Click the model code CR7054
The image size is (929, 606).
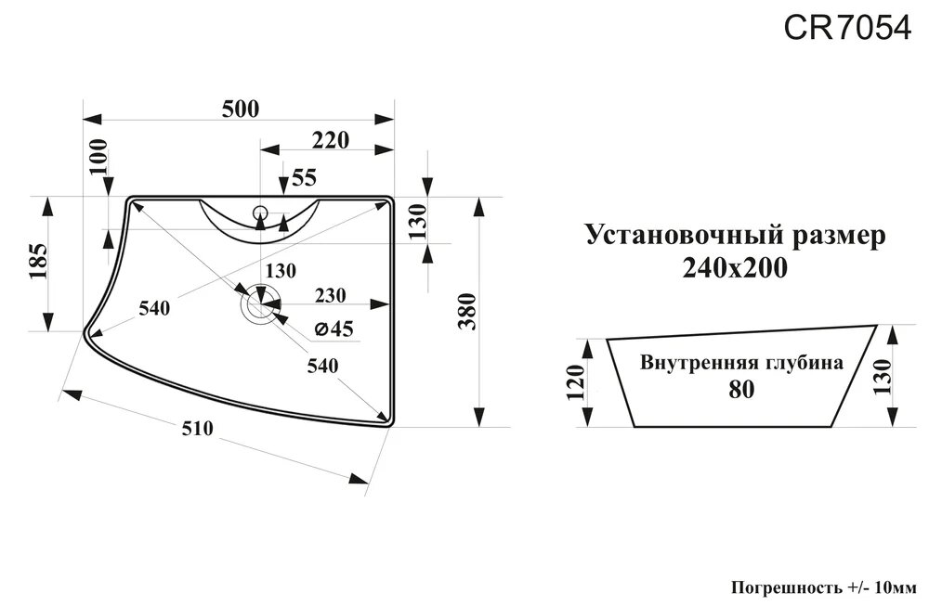[x=847, y=29]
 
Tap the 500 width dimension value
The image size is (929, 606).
[x=240, y=109]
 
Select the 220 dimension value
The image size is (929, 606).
[x=330, y=140]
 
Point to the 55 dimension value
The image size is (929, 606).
[x=305, y=176]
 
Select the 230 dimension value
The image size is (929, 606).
[x=331, y=296]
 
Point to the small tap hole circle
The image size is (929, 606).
[x=260, y=213]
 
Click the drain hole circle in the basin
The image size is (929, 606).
[x=259, y=303]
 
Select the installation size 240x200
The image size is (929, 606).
[x=735, y=269]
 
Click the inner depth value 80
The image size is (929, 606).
[x=740, y=390]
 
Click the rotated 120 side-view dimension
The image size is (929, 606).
[x=576, y=383]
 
